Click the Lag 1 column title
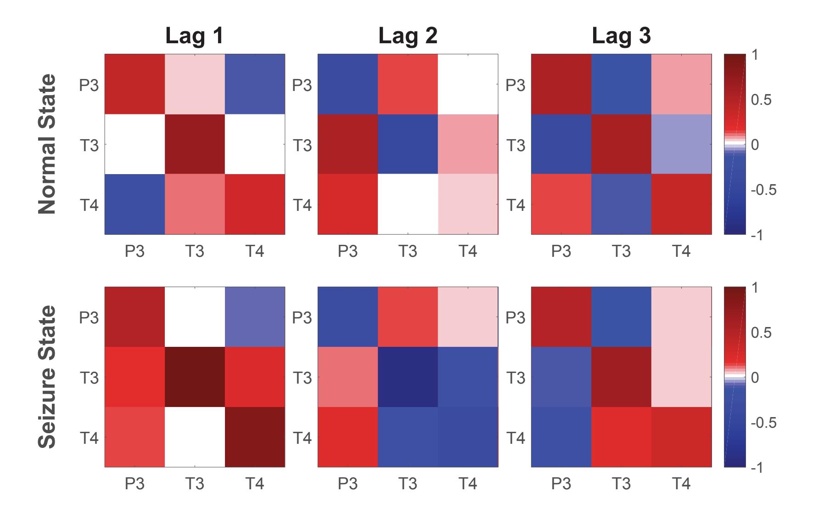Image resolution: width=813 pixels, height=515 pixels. (195, 36)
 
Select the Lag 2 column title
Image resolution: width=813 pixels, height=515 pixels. (408, 36)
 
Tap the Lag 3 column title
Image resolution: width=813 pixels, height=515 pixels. (621, 36)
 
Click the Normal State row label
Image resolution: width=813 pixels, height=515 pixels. (47, 144)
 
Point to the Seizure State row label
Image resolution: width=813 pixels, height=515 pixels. (47, 377)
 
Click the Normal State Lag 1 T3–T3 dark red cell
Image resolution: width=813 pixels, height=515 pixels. (195, 144)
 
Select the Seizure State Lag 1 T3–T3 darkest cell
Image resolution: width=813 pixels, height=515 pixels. (195, 377)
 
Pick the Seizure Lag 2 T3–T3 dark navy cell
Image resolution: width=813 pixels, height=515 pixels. (408, 377)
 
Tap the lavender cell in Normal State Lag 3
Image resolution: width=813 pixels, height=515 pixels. (681, 144)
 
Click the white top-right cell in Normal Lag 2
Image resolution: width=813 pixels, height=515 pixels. (468, 84)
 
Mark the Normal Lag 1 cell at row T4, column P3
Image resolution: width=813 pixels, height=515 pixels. (135, 204)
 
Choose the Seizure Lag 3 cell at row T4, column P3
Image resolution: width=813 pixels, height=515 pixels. (561, 437)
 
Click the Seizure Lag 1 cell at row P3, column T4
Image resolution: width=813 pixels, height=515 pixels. (255, 317)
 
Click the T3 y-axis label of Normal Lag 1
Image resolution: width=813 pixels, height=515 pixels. (89, 145)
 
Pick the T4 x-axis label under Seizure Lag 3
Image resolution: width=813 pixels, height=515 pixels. (681, 484)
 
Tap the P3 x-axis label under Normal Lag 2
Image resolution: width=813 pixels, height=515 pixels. (348, 251)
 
